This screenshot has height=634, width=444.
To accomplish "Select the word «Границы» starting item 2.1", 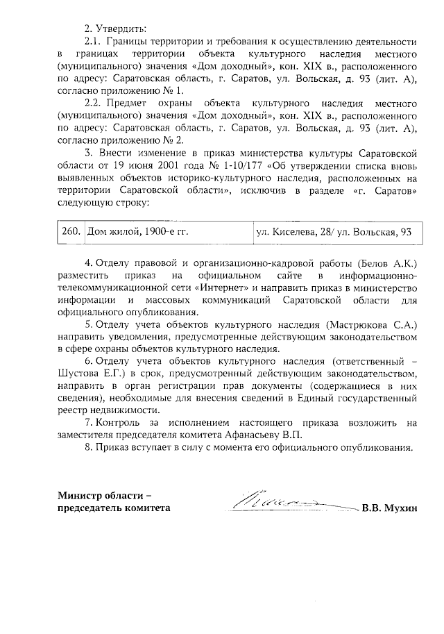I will [x=135, y=42].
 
